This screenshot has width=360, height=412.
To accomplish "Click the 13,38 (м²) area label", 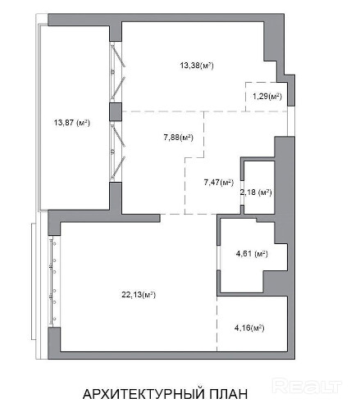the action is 197,66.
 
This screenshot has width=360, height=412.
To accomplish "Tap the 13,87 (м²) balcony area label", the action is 72,123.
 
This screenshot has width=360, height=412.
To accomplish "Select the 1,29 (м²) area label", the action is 267,97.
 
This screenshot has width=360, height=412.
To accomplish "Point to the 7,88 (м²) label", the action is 178,138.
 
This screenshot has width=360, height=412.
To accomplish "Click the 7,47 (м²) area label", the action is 219,182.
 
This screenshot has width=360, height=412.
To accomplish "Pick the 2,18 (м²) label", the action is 256,192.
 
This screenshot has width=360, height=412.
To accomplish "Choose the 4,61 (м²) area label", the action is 252,254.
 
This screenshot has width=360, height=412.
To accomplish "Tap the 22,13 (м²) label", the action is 139,295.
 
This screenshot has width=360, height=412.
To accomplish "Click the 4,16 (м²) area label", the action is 249,328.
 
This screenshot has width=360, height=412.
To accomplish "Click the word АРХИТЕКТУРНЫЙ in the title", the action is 144,394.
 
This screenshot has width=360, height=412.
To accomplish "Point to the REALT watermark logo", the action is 307,386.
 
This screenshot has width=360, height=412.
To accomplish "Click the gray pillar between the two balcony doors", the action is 116,112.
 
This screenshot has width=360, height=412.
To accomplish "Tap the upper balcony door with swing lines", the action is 117,72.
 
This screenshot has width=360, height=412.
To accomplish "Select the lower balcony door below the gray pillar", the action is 117,152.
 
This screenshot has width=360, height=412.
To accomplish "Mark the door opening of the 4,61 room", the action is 219,257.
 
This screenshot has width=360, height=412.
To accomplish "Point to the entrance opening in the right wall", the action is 291,121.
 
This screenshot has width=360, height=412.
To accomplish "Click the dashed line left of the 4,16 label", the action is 217,324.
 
